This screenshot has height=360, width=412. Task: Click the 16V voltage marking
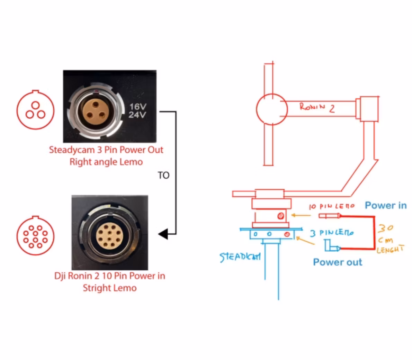(138, 106)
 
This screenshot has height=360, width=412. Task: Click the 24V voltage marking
(137, 115)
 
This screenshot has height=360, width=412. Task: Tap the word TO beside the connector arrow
(163, 175)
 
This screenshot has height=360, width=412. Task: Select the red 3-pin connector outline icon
(35, 110)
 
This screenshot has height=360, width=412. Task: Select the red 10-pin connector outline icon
(35, 236)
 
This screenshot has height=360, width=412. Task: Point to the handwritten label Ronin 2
(317, 107)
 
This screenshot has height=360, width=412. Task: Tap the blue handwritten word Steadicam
(240, 257)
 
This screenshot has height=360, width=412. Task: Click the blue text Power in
(386, 205)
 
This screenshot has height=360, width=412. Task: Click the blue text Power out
(338, 262)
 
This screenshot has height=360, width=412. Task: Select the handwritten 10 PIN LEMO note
(332, 206)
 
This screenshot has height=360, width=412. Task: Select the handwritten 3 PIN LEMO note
(332, 233)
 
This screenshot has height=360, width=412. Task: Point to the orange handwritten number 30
(385, 228)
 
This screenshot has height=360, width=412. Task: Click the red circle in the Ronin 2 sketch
(272, 109)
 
